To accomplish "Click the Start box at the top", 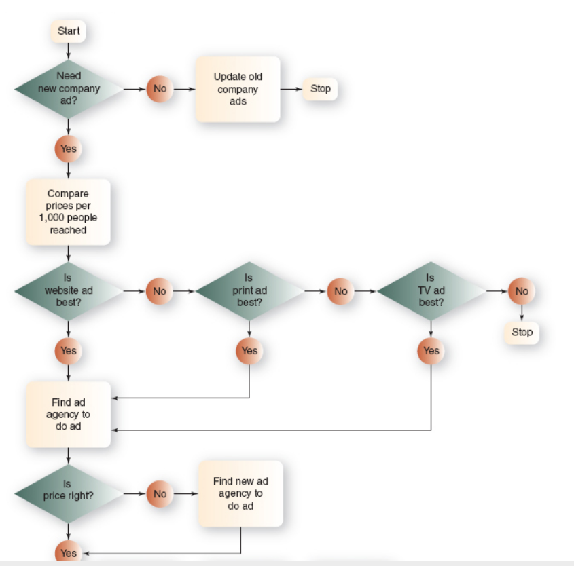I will point(68,31).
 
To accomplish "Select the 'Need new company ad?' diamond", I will point(68,89).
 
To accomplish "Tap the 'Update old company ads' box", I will point(238,89).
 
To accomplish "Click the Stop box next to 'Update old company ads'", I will point(320,89).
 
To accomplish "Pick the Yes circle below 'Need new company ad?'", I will point(68,149).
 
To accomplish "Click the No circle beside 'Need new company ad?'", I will point(160,89).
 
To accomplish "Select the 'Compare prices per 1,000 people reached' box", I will point(68,212).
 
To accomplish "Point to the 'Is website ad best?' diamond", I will point(68,290).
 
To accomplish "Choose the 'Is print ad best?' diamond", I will point(249,290).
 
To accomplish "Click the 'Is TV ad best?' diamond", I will point(431,290).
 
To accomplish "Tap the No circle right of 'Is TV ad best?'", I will point(522,290).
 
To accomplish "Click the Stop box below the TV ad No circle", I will point(522,333).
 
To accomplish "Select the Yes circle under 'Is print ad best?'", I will point(249,351).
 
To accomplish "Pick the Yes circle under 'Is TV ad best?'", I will point(431,351).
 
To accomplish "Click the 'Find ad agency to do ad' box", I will point(68,414).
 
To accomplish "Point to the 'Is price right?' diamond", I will point(68,493).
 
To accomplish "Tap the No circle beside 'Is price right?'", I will point(160,493).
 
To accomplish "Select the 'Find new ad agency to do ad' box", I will point(240,493).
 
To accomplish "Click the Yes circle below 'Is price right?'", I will point(68,553).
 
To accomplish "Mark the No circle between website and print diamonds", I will point(160,290).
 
